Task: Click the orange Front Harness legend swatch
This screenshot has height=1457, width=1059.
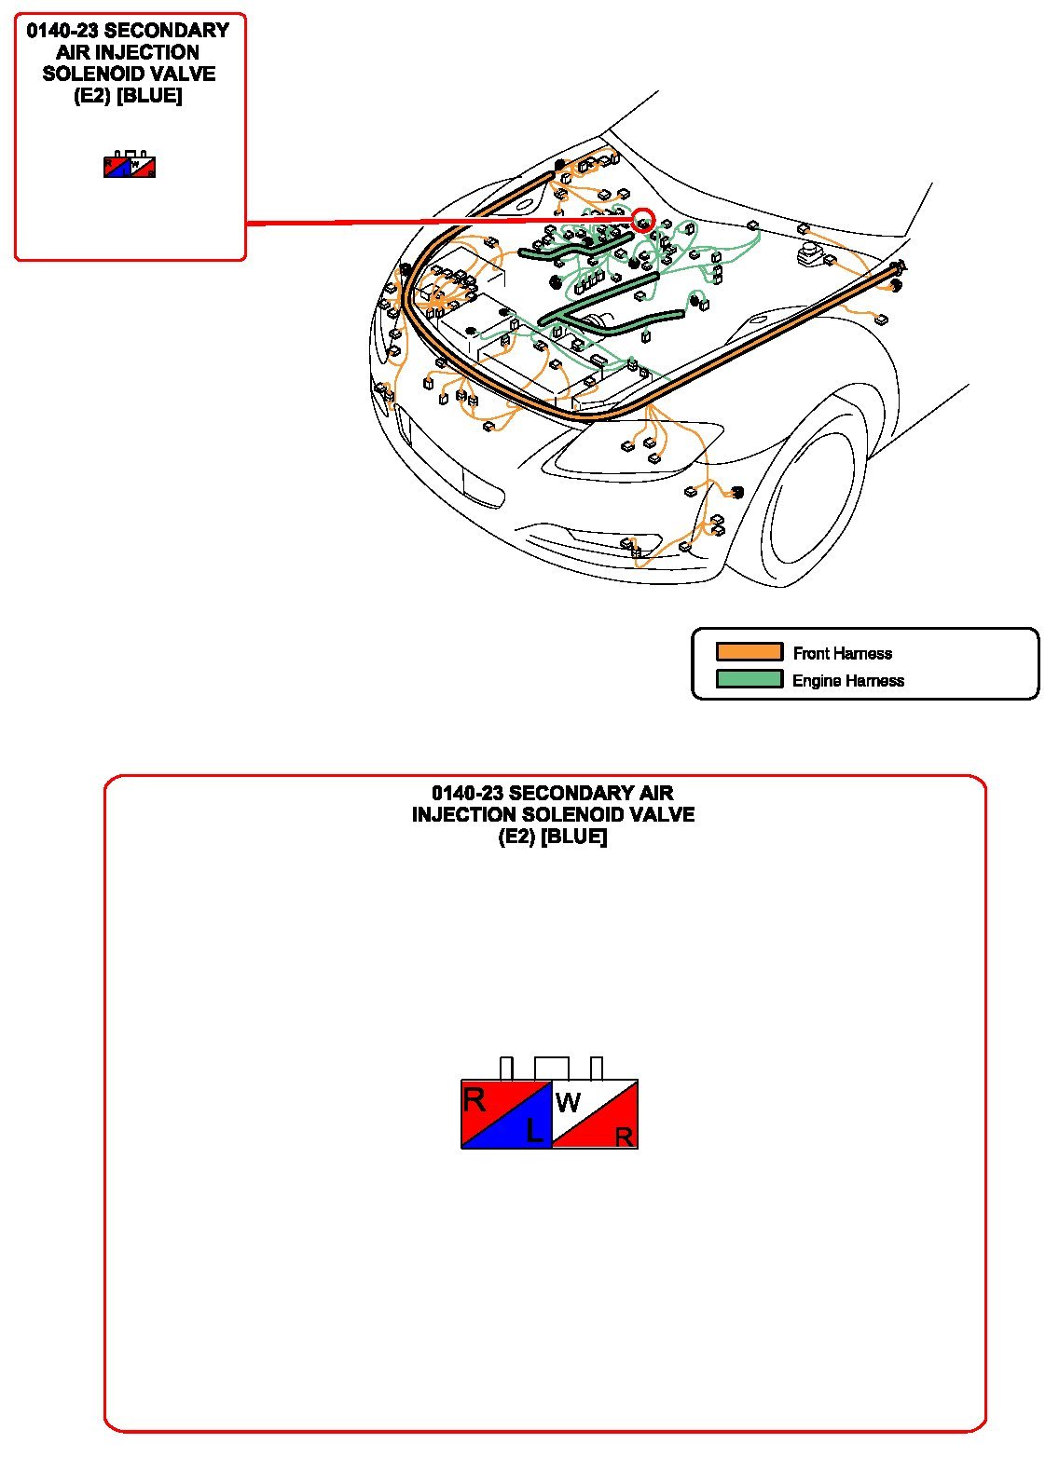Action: click(749, 652)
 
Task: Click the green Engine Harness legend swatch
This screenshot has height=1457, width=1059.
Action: click(749, 679)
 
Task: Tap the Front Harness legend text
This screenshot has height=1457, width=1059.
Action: click(842, 653)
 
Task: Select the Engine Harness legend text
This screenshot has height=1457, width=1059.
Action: click(847, 680)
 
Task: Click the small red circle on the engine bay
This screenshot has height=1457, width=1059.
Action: click(642, 220)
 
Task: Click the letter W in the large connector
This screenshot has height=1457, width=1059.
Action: click(568, 1102)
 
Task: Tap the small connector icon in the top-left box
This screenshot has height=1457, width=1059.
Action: click(129, 164)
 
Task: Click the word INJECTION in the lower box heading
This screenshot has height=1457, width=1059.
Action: click(463, 814)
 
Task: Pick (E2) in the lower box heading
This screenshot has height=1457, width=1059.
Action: click(516, 837)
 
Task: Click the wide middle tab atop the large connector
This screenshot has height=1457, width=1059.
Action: click(551, 1068)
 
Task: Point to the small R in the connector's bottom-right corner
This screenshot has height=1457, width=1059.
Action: click(624, 1137)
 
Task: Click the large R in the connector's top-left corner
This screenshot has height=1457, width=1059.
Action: click(474, 1100)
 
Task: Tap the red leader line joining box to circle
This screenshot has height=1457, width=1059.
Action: click(439, 222)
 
